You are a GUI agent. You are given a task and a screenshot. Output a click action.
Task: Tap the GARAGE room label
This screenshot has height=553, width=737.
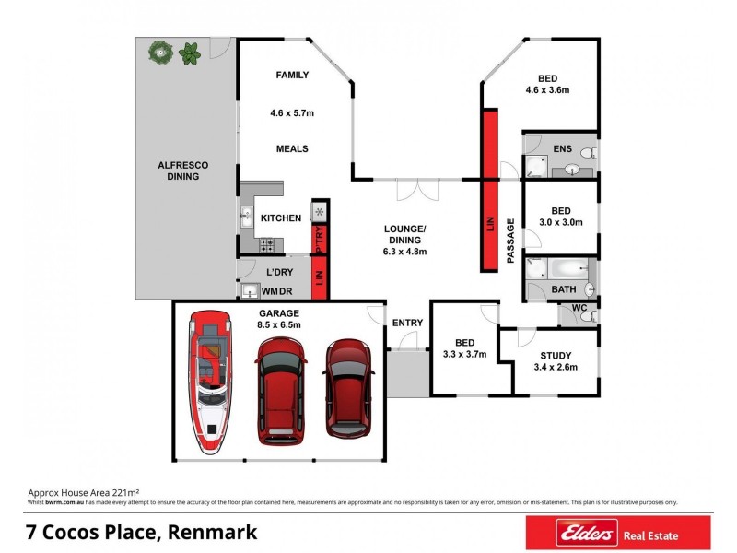(x=280, y=312)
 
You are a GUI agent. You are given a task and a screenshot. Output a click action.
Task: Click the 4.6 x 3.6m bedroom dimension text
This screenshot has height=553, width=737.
(x=547, y=90)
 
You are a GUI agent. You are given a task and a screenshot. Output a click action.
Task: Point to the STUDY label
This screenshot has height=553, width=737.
(x=556, y=356)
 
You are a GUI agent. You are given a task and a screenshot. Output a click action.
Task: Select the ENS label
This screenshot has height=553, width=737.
(x=562, y=148)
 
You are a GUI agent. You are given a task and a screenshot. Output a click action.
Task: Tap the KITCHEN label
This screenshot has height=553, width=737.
(x=281, y=218)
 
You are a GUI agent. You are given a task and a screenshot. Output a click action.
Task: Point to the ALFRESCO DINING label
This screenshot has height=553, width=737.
(x=183, y=171)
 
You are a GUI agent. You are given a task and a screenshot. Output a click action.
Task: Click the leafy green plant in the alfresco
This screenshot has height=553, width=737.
(x=191, y=53)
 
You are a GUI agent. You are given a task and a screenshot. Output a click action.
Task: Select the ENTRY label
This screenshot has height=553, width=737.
(x=407, y=323)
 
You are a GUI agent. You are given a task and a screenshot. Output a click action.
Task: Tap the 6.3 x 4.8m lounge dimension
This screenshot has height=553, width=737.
(x=404, y=251)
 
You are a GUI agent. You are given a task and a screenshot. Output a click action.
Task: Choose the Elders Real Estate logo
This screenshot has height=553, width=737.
(x=617, y=533)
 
